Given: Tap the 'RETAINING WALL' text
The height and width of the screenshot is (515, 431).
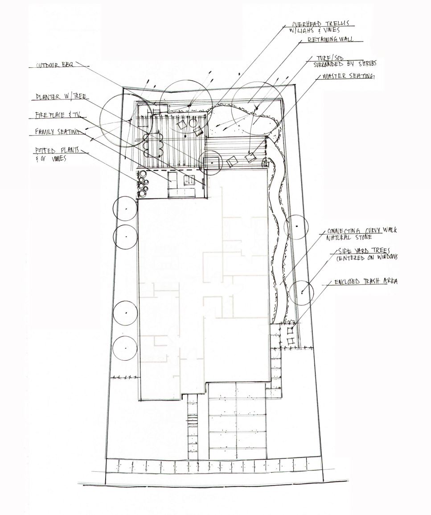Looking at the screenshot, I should coord(330,40).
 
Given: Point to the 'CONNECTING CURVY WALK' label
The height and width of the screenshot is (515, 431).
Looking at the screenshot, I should coord(361,231).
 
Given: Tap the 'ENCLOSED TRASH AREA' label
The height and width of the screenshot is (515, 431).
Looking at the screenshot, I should coord(365,281).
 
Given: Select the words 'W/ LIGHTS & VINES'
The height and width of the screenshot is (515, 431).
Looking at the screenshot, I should coord(315,31).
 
